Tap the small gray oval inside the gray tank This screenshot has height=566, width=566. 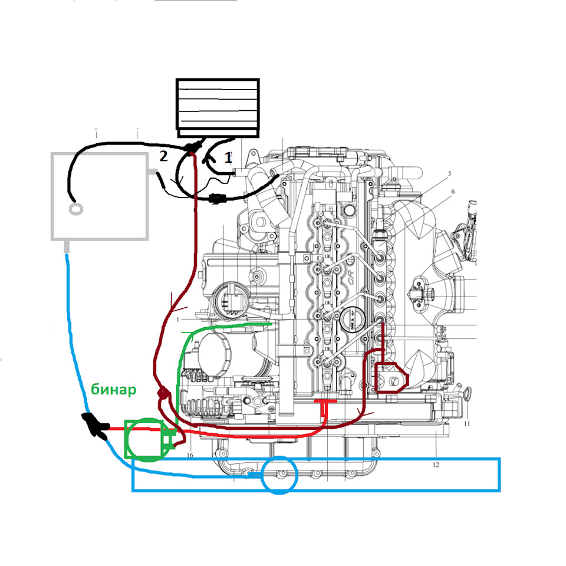(x=75, y=209)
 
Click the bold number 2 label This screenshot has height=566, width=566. (x=163, y=156)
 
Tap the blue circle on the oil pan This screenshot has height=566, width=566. (x=279, y=473)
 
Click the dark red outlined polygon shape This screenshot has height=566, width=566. (x=390, y=377)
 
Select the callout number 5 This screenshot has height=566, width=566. (x=449, y=174)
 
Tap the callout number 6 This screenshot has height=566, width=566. (x=453, y=192)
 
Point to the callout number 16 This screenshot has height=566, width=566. (x=189, y=455)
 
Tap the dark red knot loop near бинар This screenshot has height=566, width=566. (x=163, y=393)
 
